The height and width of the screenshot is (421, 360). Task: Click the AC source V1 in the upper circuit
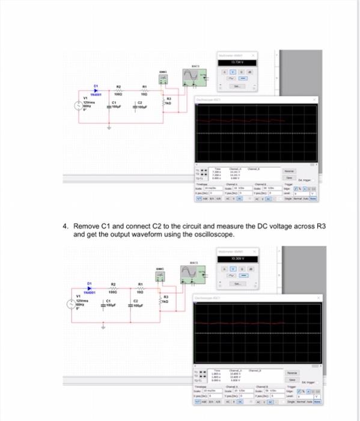click(76, 106)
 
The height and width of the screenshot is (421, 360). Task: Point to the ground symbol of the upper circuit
click(109, 128)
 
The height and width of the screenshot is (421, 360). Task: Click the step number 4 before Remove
click(66, 226)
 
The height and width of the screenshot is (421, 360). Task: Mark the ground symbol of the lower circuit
click(103, 328)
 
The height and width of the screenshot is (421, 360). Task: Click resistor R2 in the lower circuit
click(112, 289)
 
